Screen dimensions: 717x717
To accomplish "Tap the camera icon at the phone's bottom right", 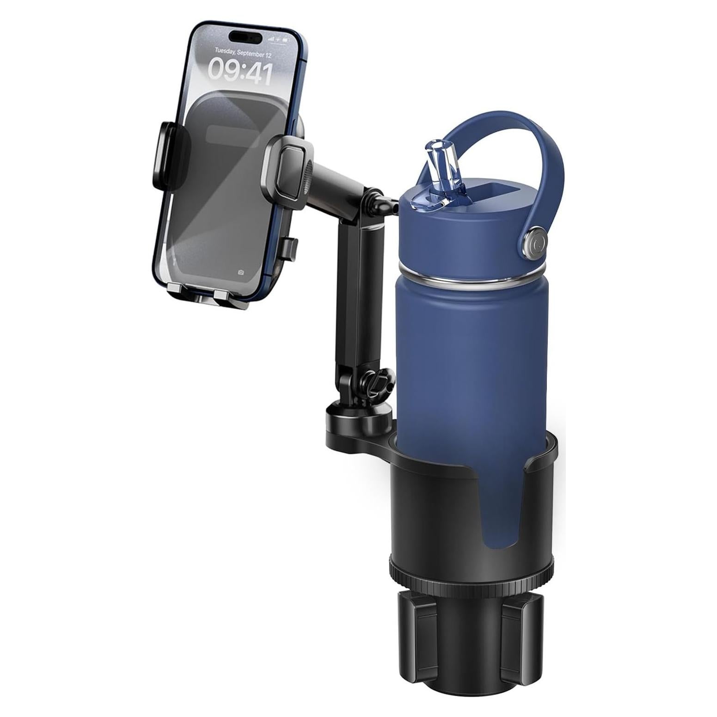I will pyautogui.click(x=241, y=272).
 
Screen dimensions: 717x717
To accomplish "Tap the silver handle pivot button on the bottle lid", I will pyautogui.click(x=535, y=242).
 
